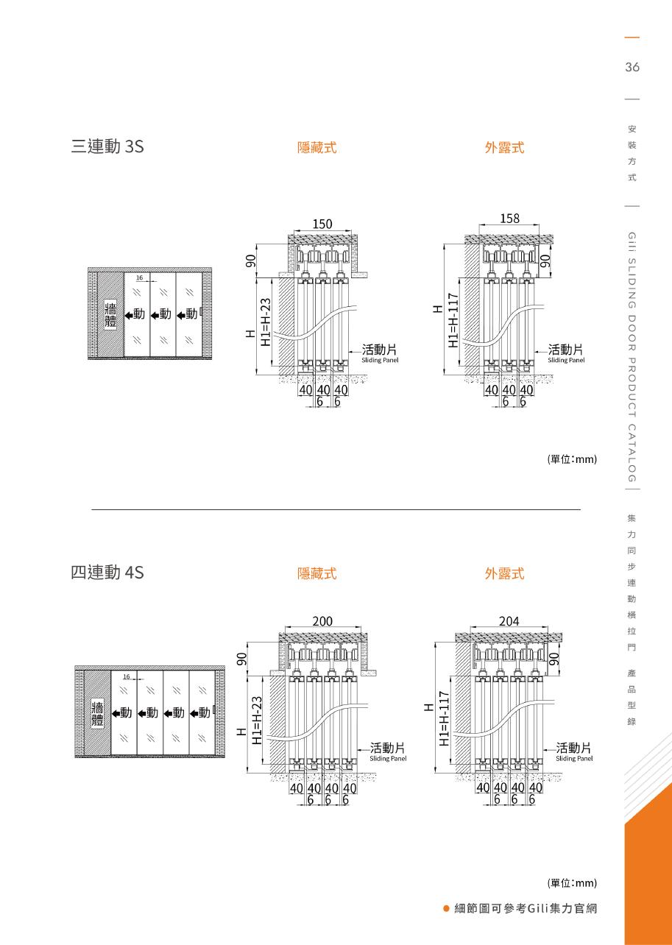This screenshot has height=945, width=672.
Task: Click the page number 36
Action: [x=632, y=67]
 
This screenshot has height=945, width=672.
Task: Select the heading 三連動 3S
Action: [x=107, y=146]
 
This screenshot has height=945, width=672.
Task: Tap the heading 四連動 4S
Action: [x=107, y=572]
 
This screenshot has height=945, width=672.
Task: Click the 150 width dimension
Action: [x=322, y=224]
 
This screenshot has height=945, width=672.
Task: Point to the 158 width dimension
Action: [x=509, y=219]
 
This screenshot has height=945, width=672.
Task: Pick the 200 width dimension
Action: [x=322, y=621]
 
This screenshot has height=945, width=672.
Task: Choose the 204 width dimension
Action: [x=509, y=621]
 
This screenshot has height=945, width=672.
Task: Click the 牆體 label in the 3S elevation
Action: [x=111, y=314]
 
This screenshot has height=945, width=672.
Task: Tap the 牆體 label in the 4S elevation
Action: [x=97, y=714]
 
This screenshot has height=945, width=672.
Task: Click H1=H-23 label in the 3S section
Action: [x=266, y=322]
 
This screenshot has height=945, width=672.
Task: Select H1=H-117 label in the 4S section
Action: [x=444, y=718]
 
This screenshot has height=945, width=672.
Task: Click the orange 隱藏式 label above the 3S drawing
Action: [x=317, y=147]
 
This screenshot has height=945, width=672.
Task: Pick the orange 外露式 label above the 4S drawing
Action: [x=505, y=573]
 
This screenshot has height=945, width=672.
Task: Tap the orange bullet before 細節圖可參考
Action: [x=446, y=908]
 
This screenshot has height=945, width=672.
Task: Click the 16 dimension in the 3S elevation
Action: [x=139, y=277]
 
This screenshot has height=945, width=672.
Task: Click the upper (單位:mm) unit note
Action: [x=572, y=459]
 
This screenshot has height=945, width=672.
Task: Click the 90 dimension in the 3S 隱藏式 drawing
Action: [x=250, y=261]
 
